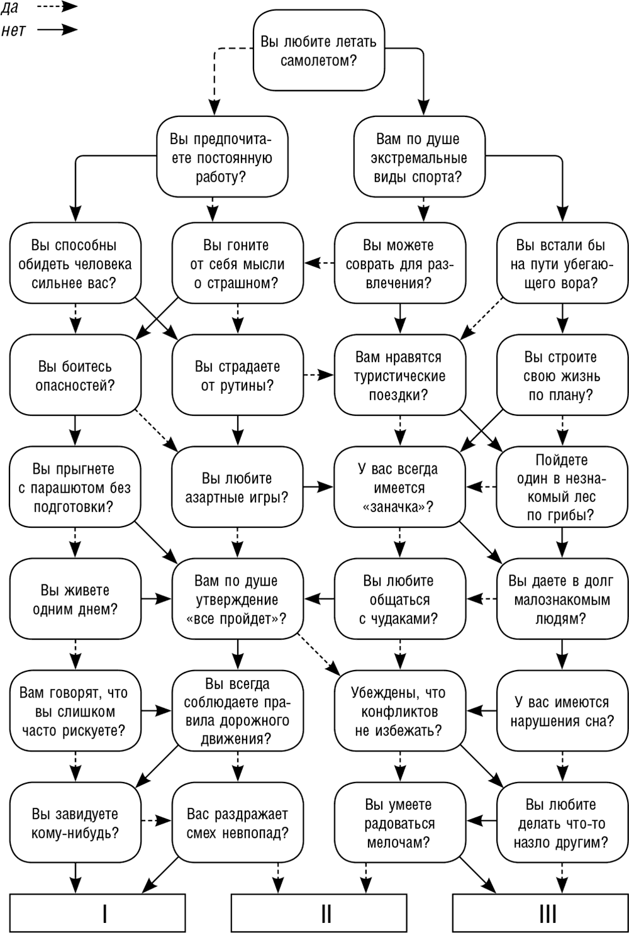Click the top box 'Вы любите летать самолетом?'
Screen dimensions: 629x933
pos(319,50)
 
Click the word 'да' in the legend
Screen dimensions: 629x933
pos(9,8)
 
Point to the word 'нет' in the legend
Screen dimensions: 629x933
pos(13,30)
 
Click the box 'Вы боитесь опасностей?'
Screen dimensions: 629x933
pos(75,375)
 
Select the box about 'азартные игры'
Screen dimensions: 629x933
pos(237,487)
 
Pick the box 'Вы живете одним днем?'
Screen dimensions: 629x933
pos(75,599)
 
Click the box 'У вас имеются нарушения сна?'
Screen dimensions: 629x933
pos(562,711)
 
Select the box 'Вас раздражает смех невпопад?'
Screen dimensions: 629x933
pos(237,823)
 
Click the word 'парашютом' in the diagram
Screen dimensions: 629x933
pos(65,488)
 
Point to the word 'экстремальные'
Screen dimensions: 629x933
pos(419,159)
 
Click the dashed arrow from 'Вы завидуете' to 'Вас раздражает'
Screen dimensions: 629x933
pos(156,820)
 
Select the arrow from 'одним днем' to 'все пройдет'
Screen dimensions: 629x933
pos(156,599)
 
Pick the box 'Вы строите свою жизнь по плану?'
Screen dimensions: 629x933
pos(562,375)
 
